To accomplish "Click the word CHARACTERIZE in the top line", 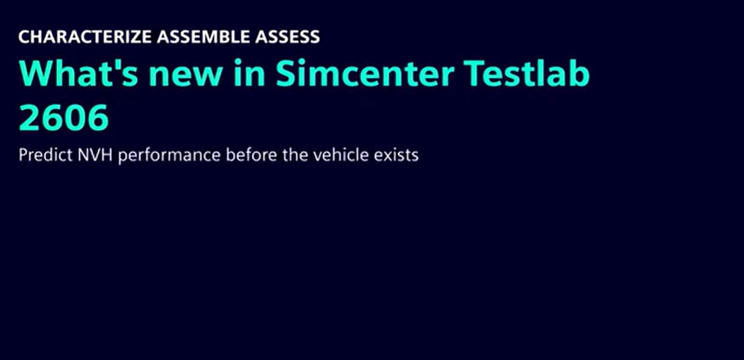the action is [85, 37].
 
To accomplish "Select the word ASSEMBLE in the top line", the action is [203, 37].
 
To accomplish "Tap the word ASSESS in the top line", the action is [288, 37].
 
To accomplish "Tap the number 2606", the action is [64, 117].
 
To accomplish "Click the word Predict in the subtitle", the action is [45, 155].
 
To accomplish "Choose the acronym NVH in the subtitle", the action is [95, 155].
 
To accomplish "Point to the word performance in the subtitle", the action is [169, 155].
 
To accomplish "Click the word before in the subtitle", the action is [252, 155].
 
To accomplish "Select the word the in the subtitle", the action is [295, 155].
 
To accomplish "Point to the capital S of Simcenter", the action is [286, 73].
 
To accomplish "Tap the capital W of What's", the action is [37, 73].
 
